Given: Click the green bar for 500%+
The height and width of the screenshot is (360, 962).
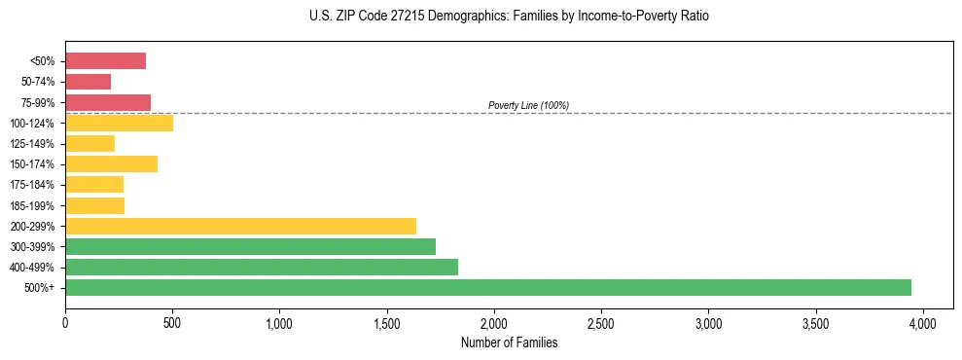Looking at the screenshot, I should click(x=488, y=287).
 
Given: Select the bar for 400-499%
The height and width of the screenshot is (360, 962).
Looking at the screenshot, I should click(x=262, y=267).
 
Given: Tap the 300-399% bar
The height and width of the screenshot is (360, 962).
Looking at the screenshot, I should click(x=250, y=246).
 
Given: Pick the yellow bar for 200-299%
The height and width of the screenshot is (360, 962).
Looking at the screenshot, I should click(x=240, y=226).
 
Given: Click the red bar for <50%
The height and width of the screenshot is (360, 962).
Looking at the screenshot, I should click(x=105, y=61).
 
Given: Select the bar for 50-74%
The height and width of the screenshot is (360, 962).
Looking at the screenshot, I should click(x=88, y=82).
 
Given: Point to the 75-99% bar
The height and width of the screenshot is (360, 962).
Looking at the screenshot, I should click(x=108, y=102).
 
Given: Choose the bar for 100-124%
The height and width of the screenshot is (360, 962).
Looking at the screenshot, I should click(x=119, y=123).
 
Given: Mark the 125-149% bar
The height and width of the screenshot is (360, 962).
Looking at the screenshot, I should click(x=89, y=143).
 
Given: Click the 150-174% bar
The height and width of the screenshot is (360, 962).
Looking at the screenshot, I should click(x=111, y=163).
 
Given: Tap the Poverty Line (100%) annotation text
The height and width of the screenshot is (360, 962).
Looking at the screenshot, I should click(x=528, y=105).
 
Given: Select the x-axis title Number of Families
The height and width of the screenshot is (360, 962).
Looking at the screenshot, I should click(x=509, y=342).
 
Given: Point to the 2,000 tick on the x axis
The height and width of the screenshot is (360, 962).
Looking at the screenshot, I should click(x=494, y=322).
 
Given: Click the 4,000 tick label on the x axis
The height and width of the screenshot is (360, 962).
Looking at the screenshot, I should click(x=923, y=322).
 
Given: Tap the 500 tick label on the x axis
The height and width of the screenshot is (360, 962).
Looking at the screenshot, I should click(x=172, y=322).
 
